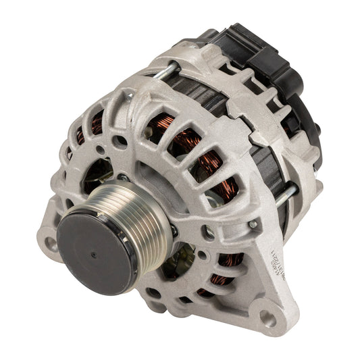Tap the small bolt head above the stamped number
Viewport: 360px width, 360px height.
pos(253,224)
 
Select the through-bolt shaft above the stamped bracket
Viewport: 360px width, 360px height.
pos(285,195)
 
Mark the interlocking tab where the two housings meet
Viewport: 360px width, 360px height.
pos(257,138)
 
